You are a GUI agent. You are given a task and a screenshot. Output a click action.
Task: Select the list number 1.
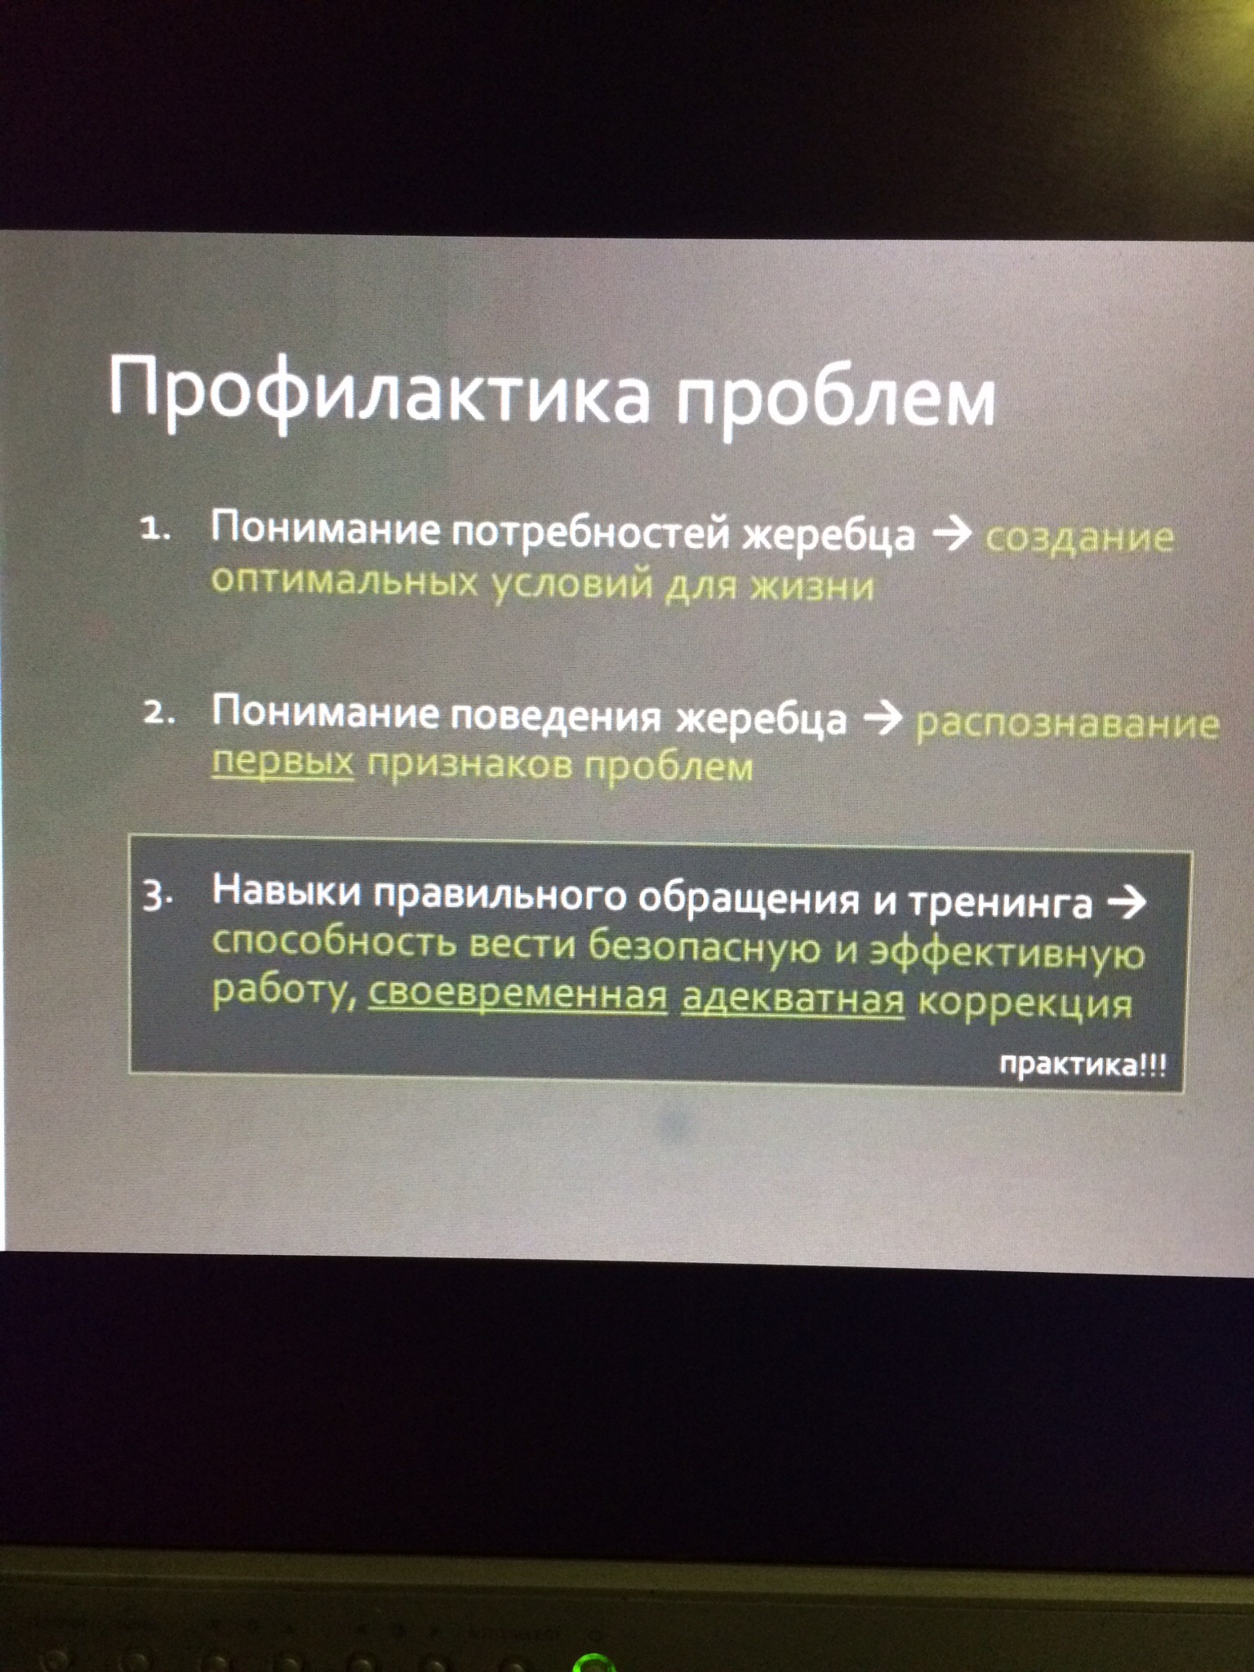pos(155,530)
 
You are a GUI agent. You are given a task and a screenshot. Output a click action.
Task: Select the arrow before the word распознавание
pos(883,718)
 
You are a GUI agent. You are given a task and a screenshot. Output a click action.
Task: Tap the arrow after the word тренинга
pos(1126,902)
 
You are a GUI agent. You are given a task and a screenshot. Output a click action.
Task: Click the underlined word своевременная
pos(518,997)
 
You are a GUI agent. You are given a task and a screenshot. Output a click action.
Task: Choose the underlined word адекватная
pos(793,999)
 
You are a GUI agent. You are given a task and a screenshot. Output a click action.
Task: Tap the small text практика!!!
pos(1083,1065)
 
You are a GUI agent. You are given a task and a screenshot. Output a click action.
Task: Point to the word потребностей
pos(591,531)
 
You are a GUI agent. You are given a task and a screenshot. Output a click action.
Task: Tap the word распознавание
pos(1068,723)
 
